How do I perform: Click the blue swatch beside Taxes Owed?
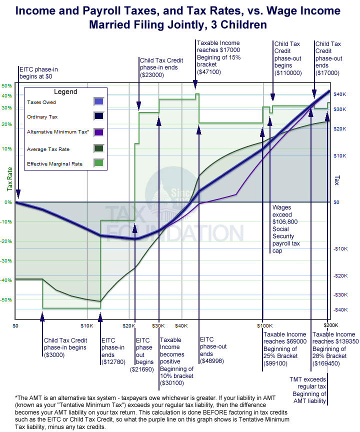click(98, 101)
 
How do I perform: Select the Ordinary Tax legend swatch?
click(98, 117)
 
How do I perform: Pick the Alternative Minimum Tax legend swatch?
click(98, 132)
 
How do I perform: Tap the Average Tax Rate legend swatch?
click(98, 148)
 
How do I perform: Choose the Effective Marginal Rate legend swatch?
click(98, 163)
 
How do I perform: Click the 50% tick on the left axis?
click(6, 86)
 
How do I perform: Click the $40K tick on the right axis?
click(340, 94)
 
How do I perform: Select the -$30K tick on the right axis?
click(340, 295)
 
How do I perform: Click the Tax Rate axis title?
click(8, 179)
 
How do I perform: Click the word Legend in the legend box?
click(65, 91)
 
